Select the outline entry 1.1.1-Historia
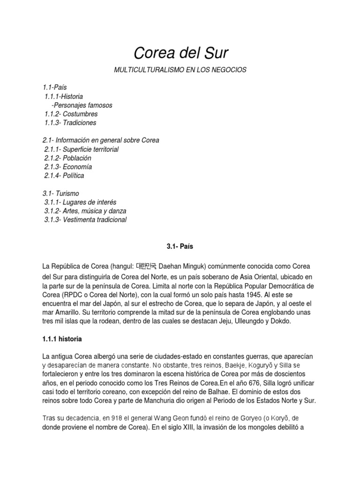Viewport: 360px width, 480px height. [x=64, y=97]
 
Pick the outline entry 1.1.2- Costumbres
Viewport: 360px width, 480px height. [x=71, y=114]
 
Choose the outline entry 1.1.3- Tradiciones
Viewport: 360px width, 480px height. [x=70, y=123]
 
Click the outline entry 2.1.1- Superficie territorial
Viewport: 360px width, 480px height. [x=82, y=149]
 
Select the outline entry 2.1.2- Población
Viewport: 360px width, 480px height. [x=68, y=158]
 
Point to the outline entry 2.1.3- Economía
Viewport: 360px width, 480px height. [x=68, y=167]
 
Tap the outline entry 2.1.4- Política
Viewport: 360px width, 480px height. [x=65, y=176]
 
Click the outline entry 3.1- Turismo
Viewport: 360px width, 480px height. [x=61, y=194]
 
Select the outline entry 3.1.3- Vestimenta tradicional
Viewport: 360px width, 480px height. [x=85, y=220]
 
